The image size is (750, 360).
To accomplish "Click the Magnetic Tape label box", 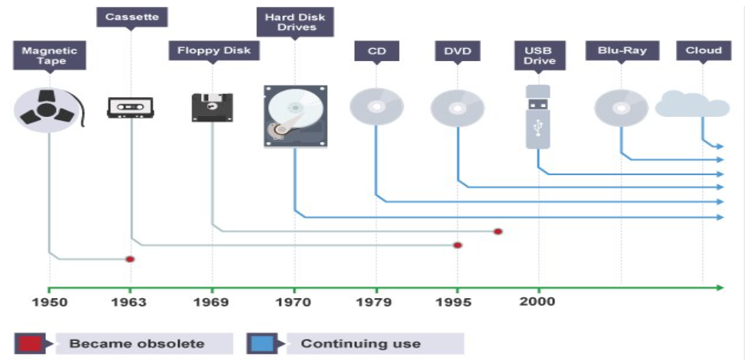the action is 50,56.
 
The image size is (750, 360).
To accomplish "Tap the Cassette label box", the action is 131,18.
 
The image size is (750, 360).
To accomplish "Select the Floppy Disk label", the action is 214,50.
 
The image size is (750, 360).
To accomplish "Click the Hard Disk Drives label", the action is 295,22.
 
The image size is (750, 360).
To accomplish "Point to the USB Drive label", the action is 540,56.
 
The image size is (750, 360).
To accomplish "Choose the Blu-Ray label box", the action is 622,50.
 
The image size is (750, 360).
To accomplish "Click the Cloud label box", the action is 703,50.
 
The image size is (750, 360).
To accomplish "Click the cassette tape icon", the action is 130,108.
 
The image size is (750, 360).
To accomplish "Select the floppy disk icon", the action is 213,108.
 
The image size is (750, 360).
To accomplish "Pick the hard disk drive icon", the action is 296,116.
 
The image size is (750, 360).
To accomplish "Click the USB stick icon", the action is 538,117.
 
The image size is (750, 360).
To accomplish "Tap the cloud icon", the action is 693,105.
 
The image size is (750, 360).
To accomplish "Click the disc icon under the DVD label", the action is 457,108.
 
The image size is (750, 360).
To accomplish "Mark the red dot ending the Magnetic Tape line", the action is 130,259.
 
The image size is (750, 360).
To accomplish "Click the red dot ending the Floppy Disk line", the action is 498,232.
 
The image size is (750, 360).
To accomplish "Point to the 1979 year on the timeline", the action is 374,302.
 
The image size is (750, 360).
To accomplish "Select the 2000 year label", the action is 537,302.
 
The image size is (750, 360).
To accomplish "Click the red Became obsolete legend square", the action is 30,343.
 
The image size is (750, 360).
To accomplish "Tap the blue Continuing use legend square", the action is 261,343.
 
